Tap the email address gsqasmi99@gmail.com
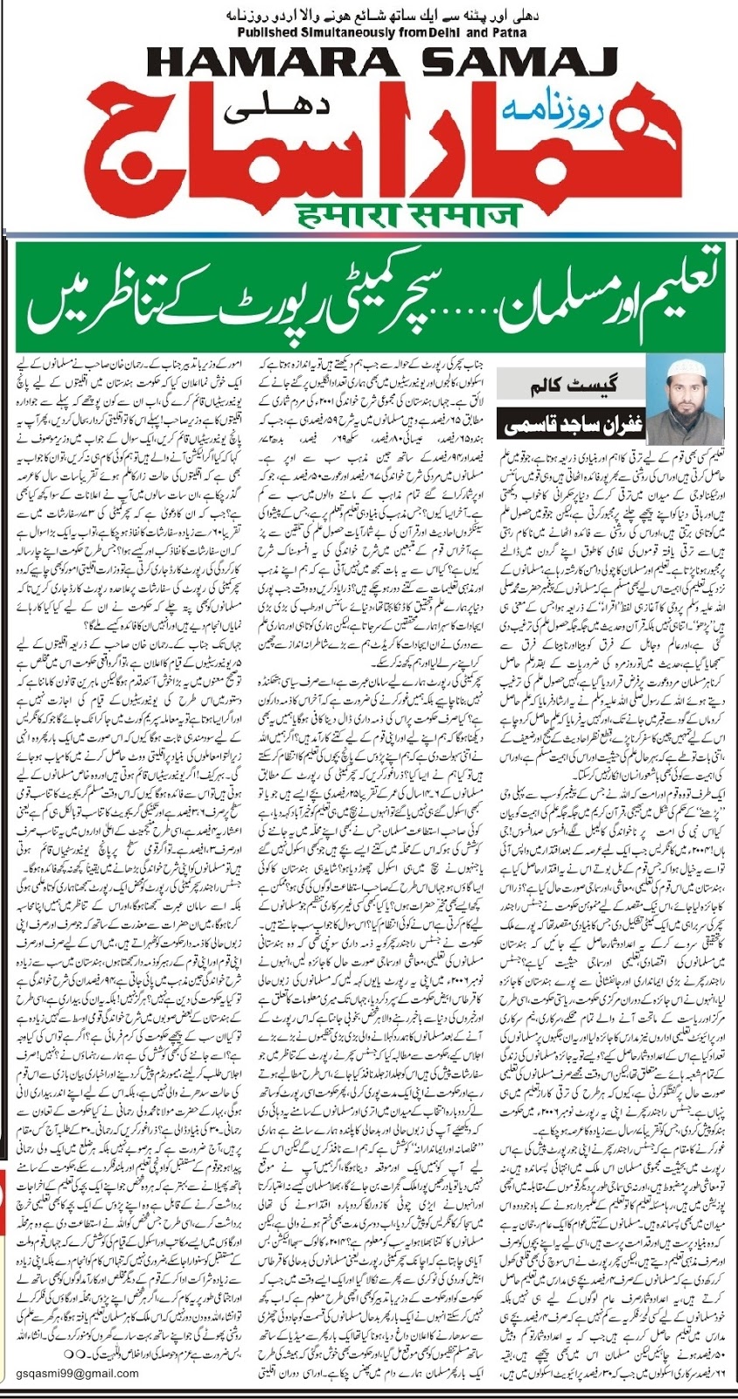pyautogui.click(x=76, y=1373)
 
